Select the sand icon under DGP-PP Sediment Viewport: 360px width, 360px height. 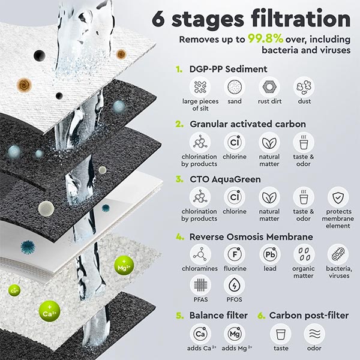click(235, 88)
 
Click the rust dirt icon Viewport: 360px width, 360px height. click(269, 88)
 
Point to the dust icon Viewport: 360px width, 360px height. click(304, 88)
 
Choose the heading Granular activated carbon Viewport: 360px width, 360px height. click(248, 124)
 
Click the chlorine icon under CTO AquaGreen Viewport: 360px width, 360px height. click(235, 197)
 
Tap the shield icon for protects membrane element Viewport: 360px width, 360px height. click(338, 197)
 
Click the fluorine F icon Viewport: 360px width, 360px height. click(235, 254)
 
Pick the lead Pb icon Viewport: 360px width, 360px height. click(269, 254)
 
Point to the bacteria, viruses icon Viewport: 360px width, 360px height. click(338, 254)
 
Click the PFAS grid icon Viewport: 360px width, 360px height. click(200, 285)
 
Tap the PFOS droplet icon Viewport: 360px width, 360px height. click(235, 285)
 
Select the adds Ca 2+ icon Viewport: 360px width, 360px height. click(200, 334)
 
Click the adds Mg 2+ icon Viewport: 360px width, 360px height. click(235, 334)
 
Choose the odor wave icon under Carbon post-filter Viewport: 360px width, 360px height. click(314, 334)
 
